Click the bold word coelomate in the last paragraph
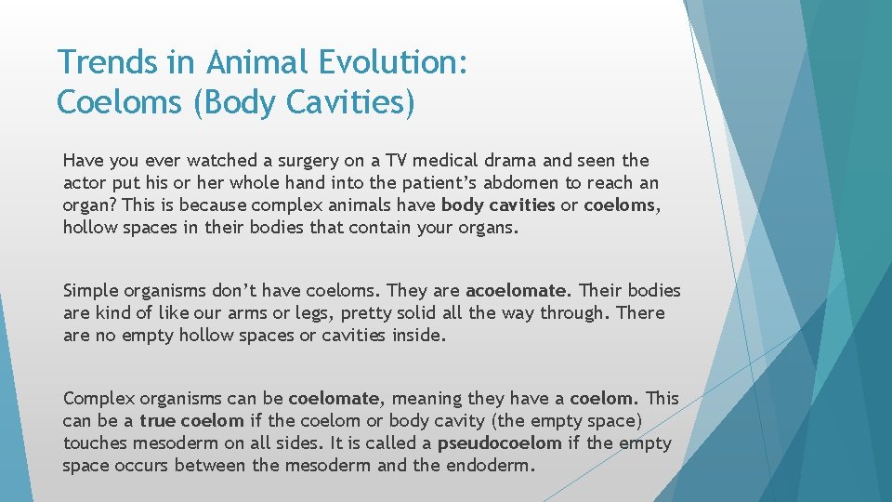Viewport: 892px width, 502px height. (x=334, y=399)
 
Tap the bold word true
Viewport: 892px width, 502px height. (x=158, y=421)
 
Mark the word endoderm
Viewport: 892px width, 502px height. (x=490, y=466)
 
